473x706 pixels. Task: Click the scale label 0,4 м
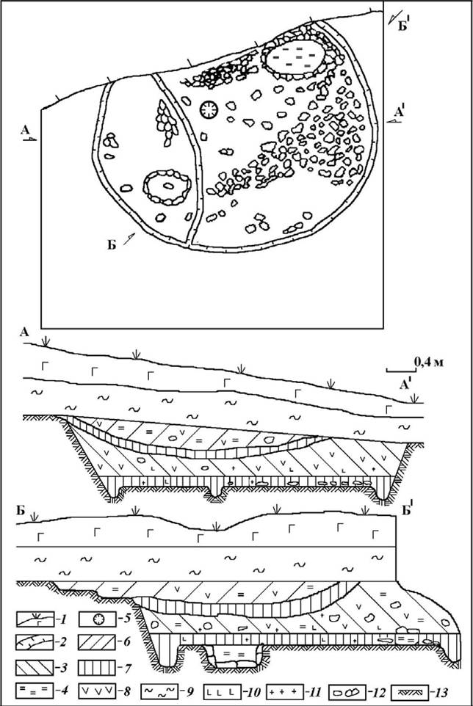[x=428, y=362]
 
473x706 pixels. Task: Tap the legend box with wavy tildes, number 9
[x=159, y=690]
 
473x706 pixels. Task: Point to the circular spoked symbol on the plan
[x=209, y=109]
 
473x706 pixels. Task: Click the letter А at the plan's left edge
[x=25, y=131]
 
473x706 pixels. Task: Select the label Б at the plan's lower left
[x=112, y=245]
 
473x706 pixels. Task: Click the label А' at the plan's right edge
[x=400, y=112]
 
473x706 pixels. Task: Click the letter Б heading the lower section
[x=20, y=512]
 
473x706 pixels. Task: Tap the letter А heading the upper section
[x=24, y=332]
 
